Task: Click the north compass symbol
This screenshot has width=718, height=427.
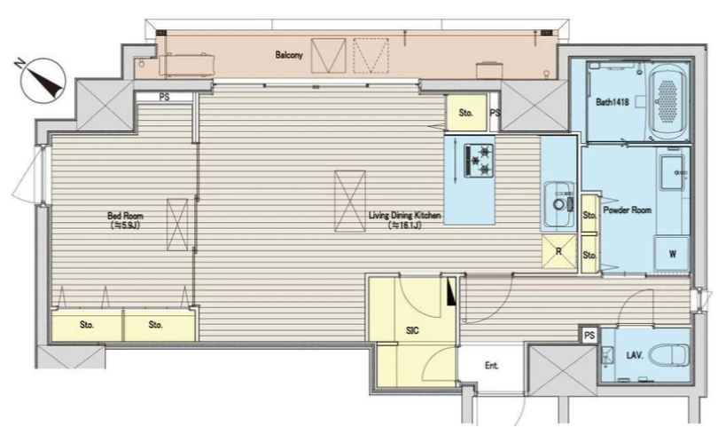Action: (x=43, y=80)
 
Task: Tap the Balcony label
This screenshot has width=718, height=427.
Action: (x=289, y=55)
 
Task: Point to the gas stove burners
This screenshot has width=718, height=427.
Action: (x=479, y=161)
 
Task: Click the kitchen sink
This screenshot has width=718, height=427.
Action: (x=559, y=204)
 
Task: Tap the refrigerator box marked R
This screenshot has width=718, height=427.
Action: (x=558, y=251)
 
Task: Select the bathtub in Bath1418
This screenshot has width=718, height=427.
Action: (x=668, y=103)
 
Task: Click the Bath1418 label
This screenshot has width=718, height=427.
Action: (x=613, y=102)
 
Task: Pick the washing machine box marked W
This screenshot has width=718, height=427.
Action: (x=672, y=254)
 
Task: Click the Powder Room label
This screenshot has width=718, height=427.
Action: (x=627, y=210)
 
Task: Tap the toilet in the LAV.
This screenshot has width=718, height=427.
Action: (x=672, y=355)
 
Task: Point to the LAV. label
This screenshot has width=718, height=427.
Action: (x=635, y=355)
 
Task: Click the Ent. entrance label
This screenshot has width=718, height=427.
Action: (x=491, y=366)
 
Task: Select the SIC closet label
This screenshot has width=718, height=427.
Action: (x=412, y=330)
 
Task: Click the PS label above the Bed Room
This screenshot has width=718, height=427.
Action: (x=164, y=98)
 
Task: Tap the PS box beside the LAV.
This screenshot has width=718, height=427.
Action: (x=589, y=336)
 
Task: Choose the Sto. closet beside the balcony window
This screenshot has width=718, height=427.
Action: (x=465, y=113)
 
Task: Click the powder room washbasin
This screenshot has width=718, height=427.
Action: (x=672, y=171)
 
